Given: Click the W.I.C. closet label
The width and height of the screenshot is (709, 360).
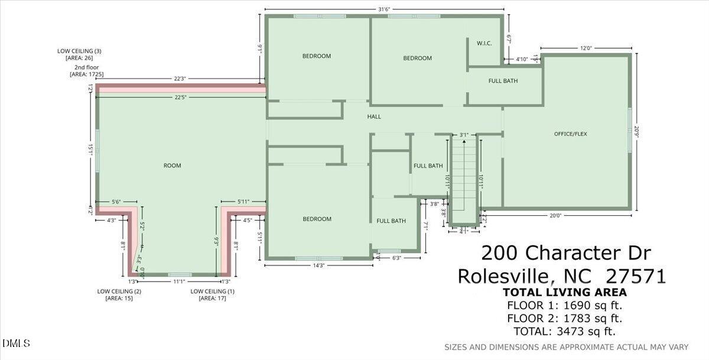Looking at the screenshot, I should tap(484, 43).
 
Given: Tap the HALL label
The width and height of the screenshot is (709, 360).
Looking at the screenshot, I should tap(374, 116).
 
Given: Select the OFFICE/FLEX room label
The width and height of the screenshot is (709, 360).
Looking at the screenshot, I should tap(570, 134).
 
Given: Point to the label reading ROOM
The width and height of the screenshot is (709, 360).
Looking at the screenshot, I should tap(173, 166).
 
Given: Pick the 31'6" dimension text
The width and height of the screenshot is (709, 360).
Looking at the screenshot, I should tap(384, 9).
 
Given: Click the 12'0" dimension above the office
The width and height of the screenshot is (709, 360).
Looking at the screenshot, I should tap(586, 48).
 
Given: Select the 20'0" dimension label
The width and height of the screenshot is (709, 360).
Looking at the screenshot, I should tap(555, 216).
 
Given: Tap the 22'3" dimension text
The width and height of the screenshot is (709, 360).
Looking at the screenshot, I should tap(181, 79).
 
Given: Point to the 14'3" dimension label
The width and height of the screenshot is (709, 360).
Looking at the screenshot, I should tap(318, 265).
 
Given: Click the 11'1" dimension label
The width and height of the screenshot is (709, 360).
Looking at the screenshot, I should tap(179, 282).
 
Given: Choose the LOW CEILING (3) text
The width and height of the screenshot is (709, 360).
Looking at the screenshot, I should tap(79, 51).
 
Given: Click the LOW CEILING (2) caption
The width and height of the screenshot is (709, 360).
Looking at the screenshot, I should tap(119, 291).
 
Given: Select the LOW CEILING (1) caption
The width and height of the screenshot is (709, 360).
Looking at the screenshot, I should tap(212, 291).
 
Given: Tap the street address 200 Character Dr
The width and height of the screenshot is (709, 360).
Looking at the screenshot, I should tap(566, 253).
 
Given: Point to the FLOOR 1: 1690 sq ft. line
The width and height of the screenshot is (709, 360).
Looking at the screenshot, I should tap(564, 306).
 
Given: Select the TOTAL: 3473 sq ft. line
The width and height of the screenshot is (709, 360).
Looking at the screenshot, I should tap(564, 332).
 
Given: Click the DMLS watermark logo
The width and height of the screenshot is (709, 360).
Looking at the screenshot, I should tap(16, 343).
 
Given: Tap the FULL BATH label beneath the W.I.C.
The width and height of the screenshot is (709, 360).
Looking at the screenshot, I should tap(503, 81).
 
